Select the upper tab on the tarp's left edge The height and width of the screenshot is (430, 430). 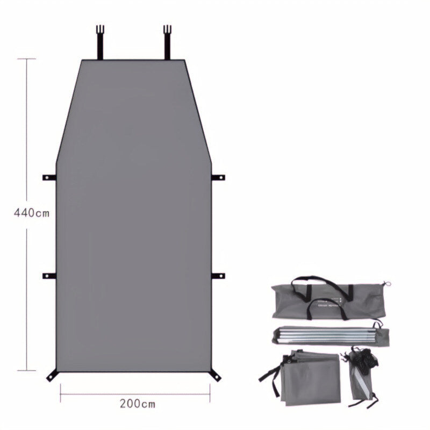pyautogui.click(x=49, y=177)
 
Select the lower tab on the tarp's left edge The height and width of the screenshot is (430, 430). pyautogui.click(x=49, y=276)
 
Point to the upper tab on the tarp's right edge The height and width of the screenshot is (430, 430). pyautogui.click(x=219, y=177)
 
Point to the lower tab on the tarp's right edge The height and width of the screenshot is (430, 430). pyautogui.click(x=219, y=276)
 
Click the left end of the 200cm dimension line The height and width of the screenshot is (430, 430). pyautogui.click(x=60, y=394)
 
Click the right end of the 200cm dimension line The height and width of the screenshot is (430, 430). pyautogui.click(x=210, y=394)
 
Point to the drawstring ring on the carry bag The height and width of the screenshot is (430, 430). pyautogui.click(x=385, y=285)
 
